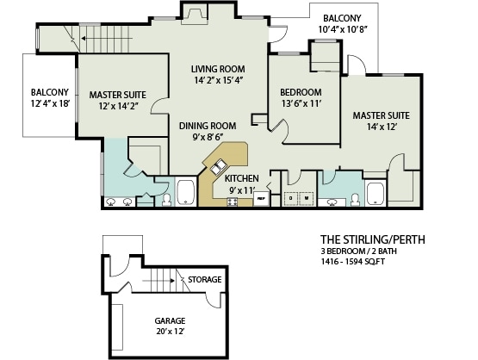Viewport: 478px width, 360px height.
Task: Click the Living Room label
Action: click(x=218, y=69)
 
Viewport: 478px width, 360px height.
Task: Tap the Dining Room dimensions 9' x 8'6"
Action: click(x=208, y=138)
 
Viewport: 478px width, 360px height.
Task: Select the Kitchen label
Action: click(x=242, y=178)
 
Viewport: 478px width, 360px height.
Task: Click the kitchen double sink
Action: click(x=218, y=167)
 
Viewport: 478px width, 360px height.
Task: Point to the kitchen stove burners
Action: click(x=232, y=202)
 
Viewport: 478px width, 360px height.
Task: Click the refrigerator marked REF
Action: click(x=261, y=198)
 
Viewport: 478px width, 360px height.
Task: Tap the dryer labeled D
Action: click(x=290, y=198)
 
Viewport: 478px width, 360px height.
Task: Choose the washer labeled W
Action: click(x=307, y=198)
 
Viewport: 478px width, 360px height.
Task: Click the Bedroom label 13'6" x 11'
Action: click(x=301, y=98)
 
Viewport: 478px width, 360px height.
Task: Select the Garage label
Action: click(x=171, y=320)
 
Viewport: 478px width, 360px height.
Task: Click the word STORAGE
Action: click(x=205, y=280)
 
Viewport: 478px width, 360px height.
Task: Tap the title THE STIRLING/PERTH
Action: click(x=373, y=239)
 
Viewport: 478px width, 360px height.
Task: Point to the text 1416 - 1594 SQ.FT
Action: click(x=353, y=261)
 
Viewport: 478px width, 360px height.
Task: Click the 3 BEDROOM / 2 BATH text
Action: click(x=358, y=251)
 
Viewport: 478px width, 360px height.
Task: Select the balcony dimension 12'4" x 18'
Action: click(x=51, y=103)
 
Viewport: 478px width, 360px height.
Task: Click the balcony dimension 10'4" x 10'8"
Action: click(x=342, y=29)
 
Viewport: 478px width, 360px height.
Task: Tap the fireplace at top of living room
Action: click(x=194, y=16)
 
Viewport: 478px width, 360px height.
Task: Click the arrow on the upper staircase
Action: click(x=107, y=39)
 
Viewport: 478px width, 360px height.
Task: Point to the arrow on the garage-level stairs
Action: click(x=158, y=281)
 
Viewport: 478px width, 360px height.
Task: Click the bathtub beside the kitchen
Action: click(x=186, y=192)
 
